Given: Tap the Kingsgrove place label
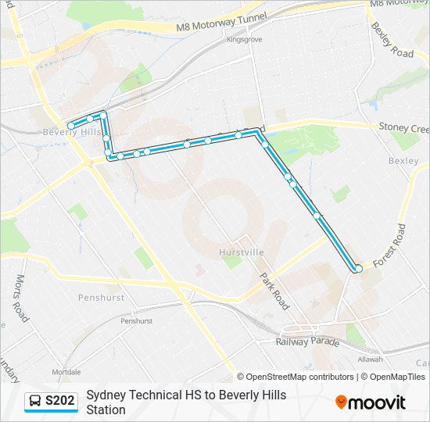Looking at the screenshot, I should (245, 39).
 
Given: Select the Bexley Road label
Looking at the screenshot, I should (392, 40).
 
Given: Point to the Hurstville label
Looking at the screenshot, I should (242, 252).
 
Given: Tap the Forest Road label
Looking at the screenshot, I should (390, 246).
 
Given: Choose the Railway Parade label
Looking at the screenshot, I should (307, 342).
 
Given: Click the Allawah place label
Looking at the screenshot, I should (371, 359).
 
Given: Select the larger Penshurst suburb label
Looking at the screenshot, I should (101, 298).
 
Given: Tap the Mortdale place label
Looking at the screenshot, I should (66, 371).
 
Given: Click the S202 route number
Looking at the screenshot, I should (60, 402).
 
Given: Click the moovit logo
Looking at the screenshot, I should (371, 402).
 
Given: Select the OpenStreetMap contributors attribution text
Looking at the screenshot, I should (299, 377).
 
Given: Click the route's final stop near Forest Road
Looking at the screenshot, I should (359, 269).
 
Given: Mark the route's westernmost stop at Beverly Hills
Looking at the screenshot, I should (71, 125).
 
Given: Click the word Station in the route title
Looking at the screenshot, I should (106, 409).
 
